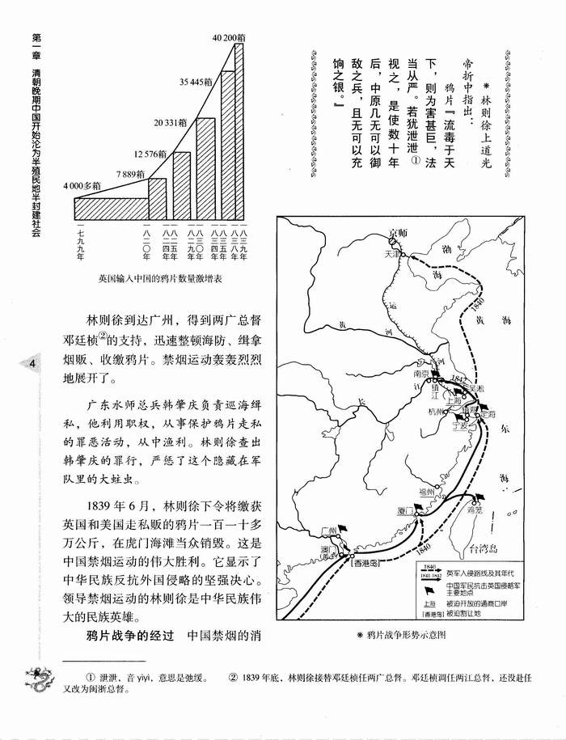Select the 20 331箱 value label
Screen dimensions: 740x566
tap(171, 121)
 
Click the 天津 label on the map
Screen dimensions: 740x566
tap(393, 253)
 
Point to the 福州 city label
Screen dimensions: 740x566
tap(427, 491)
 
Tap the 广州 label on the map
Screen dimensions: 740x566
tap(327, 530)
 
